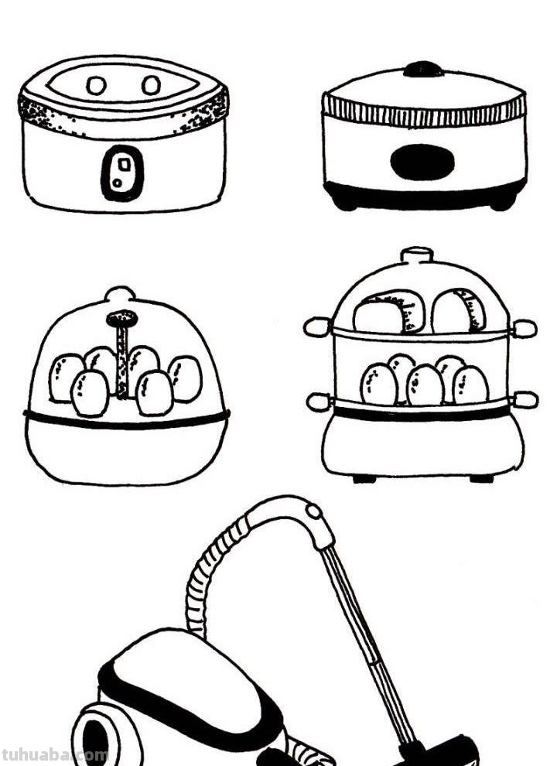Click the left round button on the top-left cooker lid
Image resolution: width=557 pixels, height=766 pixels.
point(96,86)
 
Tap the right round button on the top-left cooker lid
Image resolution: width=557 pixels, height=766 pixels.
point(152,85)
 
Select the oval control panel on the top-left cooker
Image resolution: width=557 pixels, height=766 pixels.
point(122,173)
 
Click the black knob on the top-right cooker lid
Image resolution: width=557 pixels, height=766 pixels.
point(423,69)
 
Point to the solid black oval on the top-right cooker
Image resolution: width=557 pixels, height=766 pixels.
point(422,162)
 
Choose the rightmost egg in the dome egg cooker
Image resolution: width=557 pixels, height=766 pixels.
point(186,378)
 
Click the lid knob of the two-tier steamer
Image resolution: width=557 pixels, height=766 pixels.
point(417,255)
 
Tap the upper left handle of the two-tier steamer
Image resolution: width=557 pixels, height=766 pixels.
point(318,327)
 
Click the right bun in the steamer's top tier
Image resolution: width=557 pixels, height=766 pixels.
point(458,311)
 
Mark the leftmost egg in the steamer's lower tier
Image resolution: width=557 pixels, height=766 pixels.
point(379,385)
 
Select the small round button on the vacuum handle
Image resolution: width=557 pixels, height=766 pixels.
point(313,511)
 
